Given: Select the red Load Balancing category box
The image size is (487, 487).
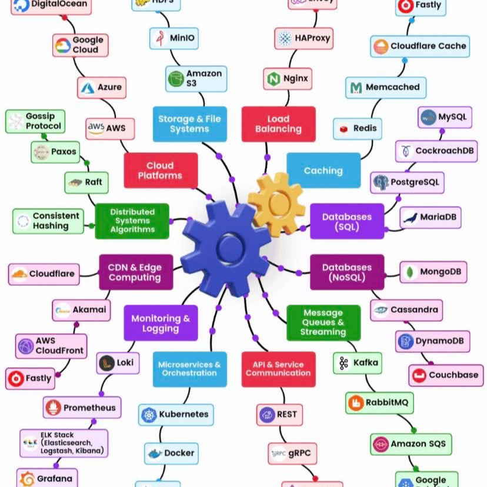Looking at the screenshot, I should [x=278, y=124].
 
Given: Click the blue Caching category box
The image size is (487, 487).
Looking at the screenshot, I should [x=323, y=171].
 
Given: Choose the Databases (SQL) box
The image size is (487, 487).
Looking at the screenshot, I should [x=346, y=221].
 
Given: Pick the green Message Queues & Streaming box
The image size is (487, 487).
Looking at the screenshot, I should [x=323, y=322].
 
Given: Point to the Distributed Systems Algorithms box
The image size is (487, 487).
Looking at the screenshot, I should [x=132, y=221].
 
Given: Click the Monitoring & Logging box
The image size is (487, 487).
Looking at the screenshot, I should [x=160, y=323].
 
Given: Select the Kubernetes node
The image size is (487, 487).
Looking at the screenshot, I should [x=176, y=415].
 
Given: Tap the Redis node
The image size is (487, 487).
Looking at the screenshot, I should [x=357, y=129].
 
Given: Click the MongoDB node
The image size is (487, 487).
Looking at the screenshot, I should [x=433, y=272].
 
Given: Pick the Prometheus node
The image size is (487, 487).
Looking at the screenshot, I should [x=82, y=408].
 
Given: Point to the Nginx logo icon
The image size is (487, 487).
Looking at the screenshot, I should [x=273, y=78].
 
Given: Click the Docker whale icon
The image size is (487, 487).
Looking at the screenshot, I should [x=155, y=453].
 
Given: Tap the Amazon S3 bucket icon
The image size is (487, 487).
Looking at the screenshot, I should [x=176, y=79].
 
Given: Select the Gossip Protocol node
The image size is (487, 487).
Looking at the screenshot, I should [x=35, y=122].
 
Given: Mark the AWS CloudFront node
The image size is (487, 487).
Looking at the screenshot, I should [x=51, y=346].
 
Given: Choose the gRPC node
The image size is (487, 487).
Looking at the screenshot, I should [x=292, y=453].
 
